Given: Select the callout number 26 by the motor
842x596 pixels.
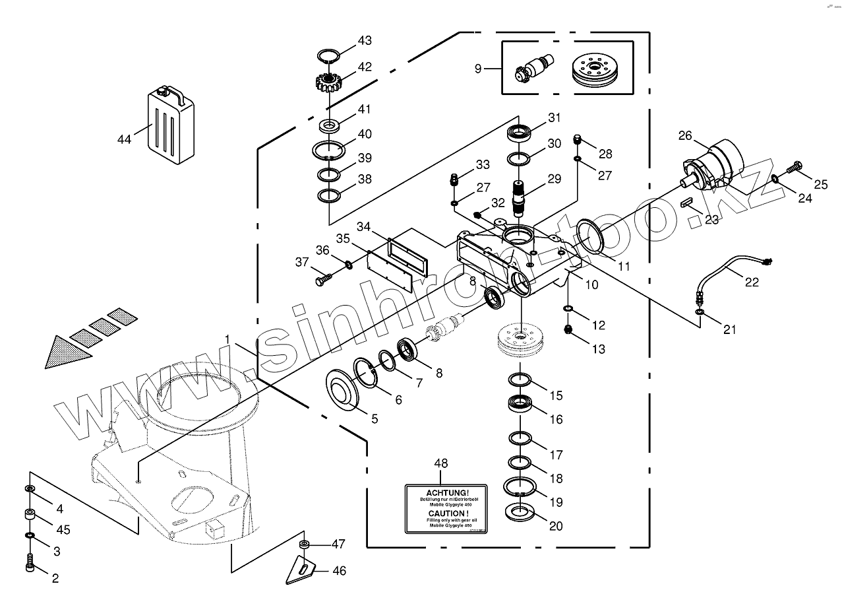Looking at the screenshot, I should coord(685,135).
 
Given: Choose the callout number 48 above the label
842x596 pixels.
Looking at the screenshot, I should coord(440,463).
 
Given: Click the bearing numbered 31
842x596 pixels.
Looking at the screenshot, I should coord(520,133).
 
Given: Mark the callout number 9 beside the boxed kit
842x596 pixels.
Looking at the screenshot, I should coord(478,68).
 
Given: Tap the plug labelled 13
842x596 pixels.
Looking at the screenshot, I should coord(567,329).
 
